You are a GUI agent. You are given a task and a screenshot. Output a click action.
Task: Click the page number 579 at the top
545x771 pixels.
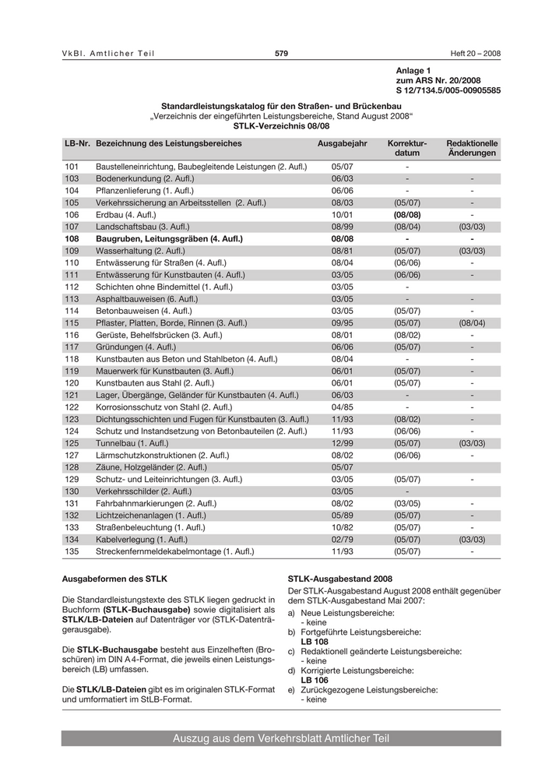coord(281,53)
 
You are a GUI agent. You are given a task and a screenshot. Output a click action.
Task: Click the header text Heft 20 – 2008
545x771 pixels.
coord(476,53)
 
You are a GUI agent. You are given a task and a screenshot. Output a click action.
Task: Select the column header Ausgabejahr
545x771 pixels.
coord(342,143)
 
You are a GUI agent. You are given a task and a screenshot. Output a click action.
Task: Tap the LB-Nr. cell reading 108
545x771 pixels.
coord(72,238)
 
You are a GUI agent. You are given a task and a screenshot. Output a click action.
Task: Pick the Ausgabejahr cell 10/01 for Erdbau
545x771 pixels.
coord(342,214)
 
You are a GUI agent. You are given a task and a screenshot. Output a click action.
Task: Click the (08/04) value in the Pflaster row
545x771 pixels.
coord(472,322)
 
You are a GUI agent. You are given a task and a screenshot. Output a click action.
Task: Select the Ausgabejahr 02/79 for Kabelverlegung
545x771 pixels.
coord(342,539)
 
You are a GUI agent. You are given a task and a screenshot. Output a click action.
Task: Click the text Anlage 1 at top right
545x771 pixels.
coord(413,71)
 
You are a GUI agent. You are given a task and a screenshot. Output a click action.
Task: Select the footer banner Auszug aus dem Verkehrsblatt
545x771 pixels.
coord(281,738)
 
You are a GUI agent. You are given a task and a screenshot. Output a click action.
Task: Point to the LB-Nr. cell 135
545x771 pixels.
coord(72,551)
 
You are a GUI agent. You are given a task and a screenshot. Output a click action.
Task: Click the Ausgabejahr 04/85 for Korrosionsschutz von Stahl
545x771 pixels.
coord(342,407)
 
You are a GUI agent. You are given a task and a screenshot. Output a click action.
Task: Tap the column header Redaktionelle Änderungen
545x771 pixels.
coord(472,148)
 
